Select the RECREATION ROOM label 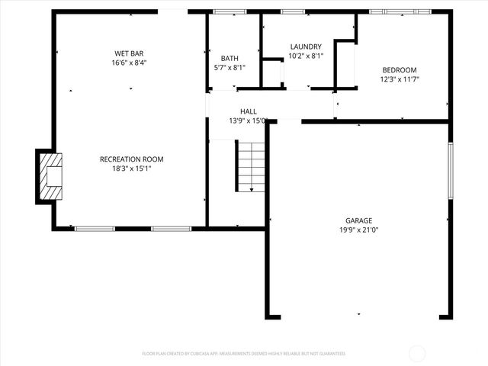pyautogui.click(x=132, y=159)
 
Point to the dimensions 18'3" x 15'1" pyautogui.click(x=132, y=169)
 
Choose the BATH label pyautogui.click(x=230, y=58)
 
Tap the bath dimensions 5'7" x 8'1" pyautogui.click(x=230, y=67)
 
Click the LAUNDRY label pyautogui.click(x=306, y=47)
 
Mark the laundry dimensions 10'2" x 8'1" pyautogui.click(x=306, y=56)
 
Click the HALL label pyautogui.click(x=249, y=111)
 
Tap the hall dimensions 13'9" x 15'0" pyautogui.click(x=249, y=120)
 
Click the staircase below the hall pyautogui.click(x=251, y=167)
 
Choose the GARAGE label pyautogui.click(x=358, y=220)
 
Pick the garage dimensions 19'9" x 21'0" pyautogui.click(x=358, y=230)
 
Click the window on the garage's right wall pyautogui.click(x=451, y=172)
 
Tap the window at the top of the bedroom pyautogui.click(x=400, y=11)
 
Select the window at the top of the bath pyautogui.click(x=225, y=11)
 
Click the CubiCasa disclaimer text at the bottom pyautogui.click(x=244, y=354)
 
